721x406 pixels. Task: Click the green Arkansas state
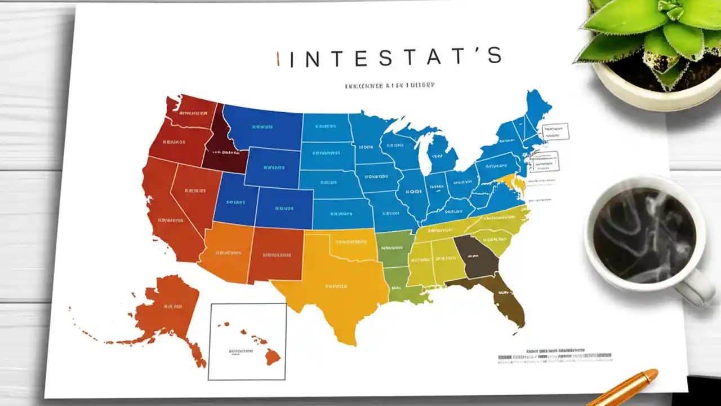(x=394, y=248)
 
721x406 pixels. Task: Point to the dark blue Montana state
(x=262, y=127)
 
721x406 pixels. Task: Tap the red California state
(x=163, y=214)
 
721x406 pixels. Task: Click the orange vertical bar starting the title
(x=278, y=59)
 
